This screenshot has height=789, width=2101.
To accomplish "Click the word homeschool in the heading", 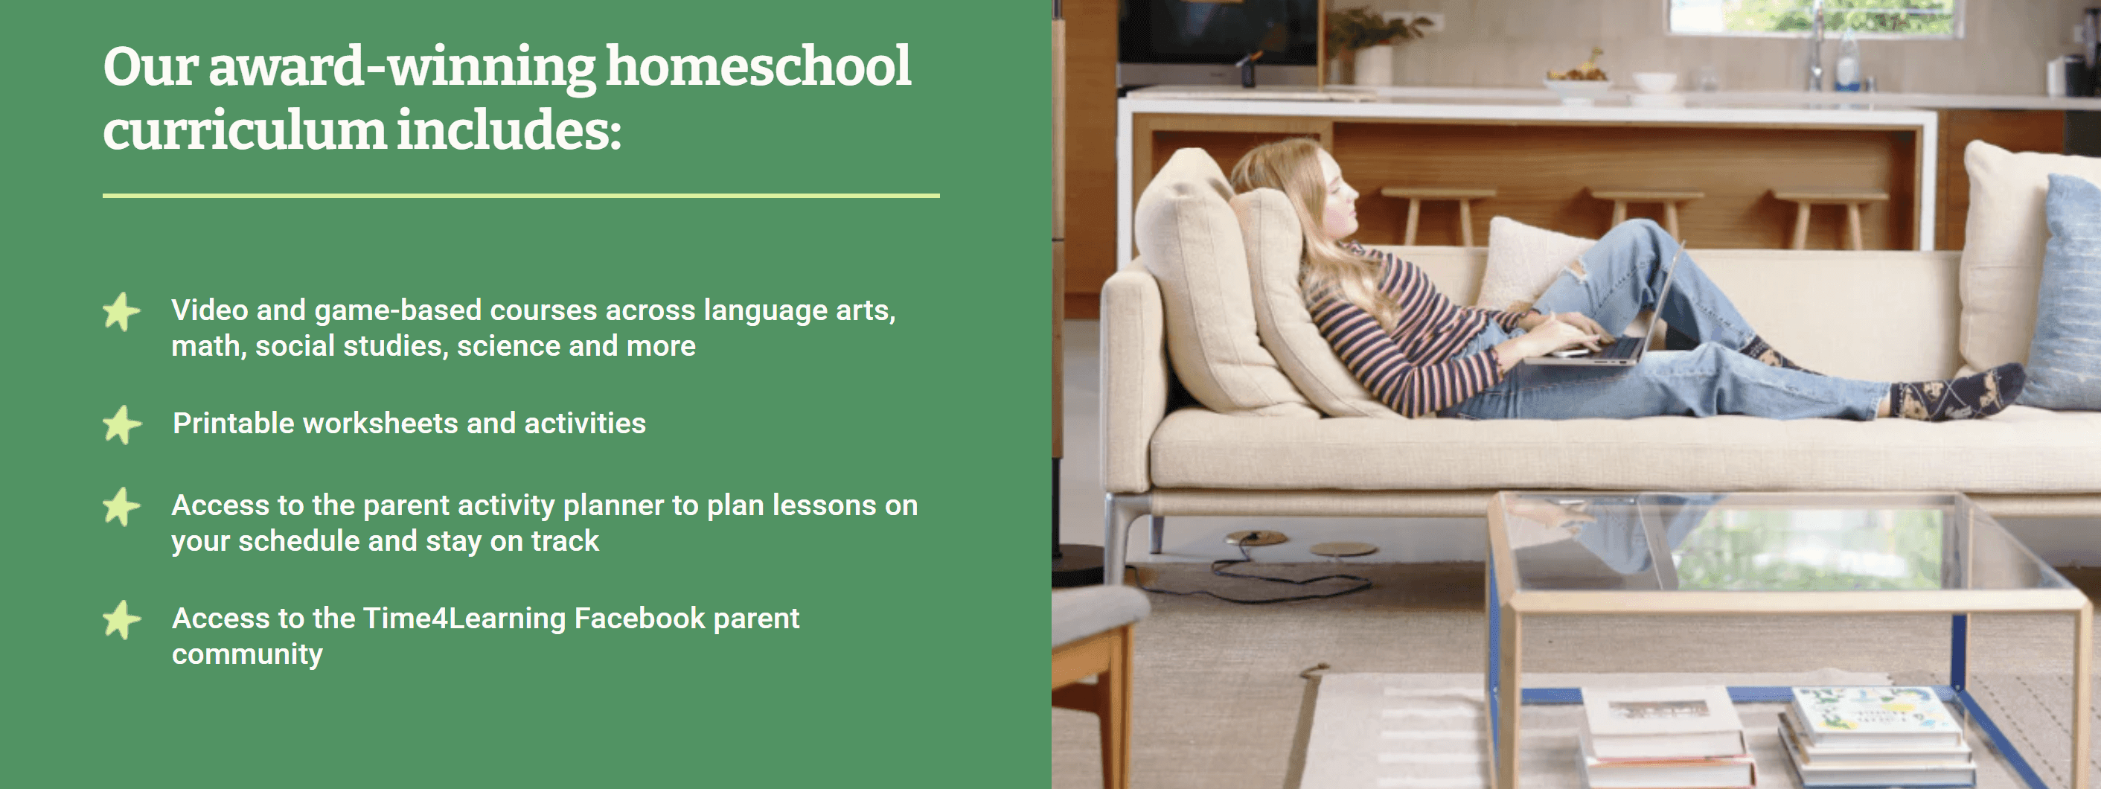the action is click(758, 66).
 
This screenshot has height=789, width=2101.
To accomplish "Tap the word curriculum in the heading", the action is click(244, 130).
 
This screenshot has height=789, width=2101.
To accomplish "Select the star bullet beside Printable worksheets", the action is click(122, 424).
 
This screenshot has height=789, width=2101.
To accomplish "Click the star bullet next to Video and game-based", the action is click(122, 312).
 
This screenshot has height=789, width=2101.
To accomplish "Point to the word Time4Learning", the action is click(464, 619).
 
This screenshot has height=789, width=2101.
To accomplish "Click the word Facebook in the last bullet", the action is click(639, 618).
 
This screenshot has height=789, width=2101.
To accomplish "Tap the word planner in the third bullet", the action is click(613, 506).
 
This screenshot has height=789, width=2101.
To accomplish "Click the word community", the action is click(247, 654).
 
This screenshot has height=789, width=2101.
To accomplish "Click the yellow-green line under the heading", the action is click(521, 196).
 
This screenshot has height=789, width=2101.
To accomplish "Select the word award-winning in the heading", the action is click(402, 68).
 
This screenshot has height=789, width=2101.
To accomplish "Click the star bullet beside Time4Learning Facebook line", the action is click(122, 620).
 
